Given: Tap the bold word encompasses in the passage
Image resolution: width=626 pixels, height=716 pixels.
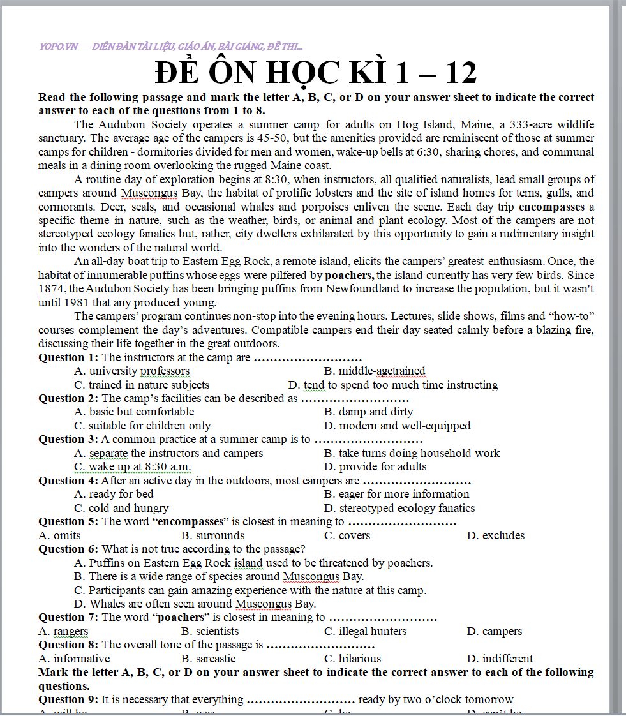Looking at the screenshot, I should pos(551,207).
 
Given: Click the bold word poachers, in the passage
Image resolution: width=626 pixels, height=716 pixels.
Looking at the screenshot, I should pos(350,275).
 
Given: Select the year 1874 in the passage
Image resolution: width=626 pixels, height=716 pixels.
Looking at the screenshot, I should pos(52,289).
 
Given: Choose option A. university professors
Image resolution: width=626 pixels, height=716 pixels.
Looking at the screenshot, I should pos(131,371).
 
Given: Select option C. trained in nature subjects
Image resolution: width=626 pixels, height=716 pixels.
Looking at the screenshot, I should pos(142,385).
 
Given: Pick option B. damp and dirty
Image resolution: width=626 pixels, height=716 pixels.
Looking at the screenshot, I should pos(368,412).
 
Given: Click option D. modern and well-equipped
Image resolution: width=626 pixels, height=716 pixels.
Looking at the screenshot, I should pos(397,426).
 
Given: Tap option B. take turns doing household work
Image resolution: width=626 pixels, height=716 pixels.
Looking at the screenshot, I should pos(412,453).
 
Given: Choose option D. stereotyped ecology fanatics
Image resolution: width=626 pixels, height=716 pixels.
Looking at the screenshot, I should pos(399,508).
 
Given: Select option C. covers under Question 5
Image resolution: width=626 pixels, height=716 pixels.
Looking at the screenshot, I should pos(347,535).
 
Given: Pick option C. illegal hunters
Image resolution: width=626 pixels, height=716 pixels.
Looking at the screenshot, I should pos(365,631).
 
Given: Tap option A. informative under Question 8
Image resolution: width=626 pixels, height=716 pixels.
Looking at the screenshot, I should pos(74,659).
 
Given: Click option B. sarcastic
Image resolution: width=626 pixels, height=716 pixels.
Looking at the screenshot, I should pos(208,659).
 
